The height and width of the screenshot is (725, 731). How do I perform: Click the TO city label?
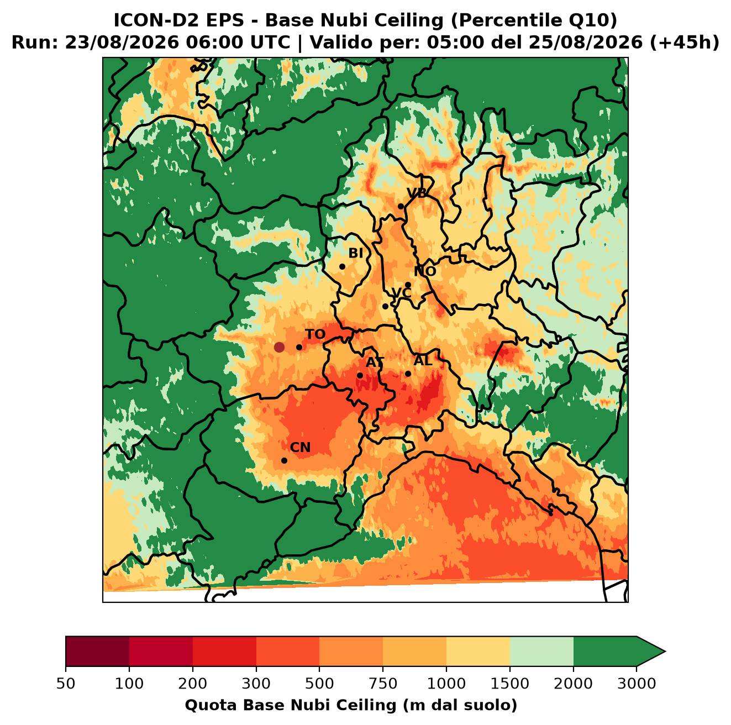[315, 334]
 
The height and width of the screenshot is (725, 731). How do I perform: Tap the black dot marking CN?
[284, 460]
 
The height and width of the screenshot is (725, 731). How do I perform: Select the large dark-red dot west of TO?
[279, 347]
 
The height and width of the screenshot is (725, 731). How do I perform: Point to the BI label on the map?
[356, 253]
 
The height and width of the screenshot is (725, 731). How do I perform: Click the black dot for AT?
[360, 376]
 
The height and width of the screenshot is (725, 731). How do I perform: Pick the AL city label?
[423, 360]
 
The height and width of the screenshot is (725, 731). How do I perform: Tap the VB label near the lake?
[417, 193]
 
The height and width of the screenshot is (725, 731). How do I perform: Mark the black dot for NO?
[408, 285]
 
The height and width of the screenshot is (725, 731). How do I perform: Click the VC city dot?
[386, 306]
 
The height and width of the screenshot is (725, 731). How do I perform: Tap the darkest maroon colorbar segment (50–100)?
[97, 651]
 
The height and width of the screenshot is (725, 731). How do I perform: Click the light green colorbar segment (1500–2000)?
[541, 651]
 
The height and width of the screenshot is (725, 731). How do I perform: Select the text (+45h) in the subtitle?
[685, 43]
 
